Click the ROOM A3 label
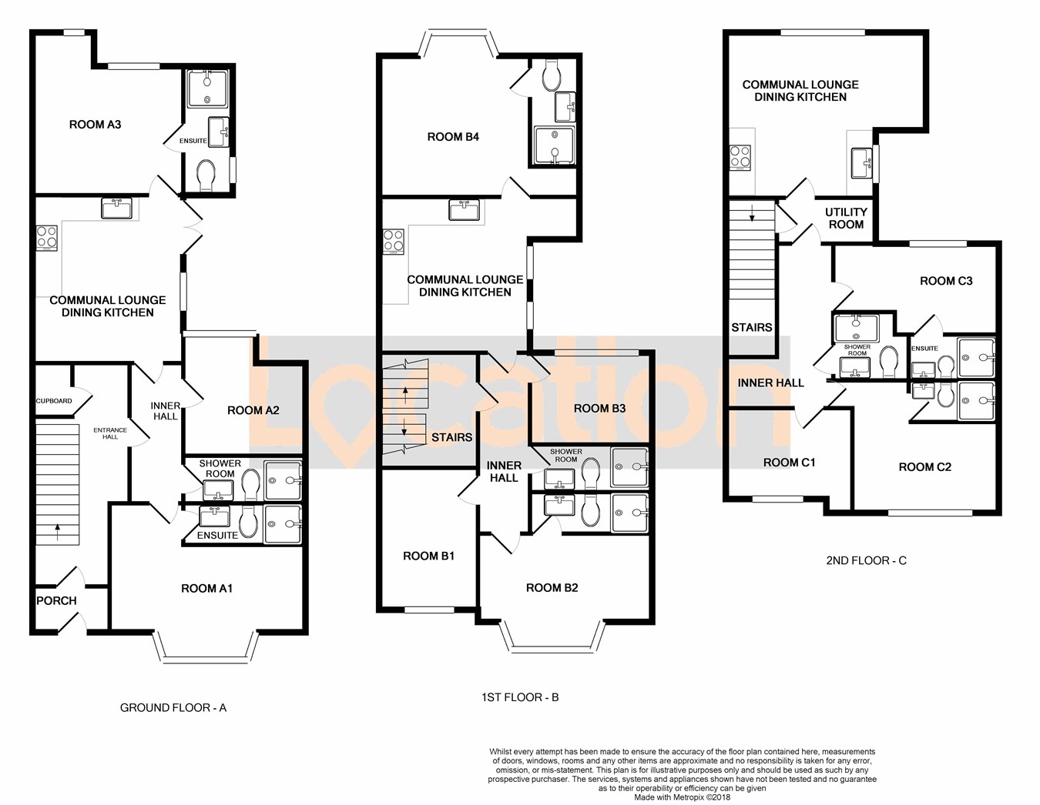pyautogui.click(x=95, y=125)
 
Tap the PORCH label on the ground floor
pyautogui.click(x=56, y=601)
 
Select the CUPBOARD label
pyautogui.click(x=54, y=401)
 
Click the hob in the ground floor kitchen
pyautogui.click(x=48, y=238)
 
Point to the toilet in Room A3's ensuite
pyautogui.click(x=206, y=175)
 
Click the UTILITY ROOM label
pyautogui.click(x=846, y=218)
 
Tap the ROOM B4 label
pyautogui.click(x=453, y=137)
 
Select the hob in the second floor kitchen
pyautogui.click(x=740, y=158)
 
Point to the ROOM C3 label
pyautogui.click(x=946, y=281)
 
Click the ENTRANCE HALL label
pyautogui.click(x=110, y=433)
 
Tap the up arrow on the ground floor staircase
pyautogui.click(x=58, y=533)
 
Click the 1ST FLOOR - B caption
pyautogui.click(x=520, y=697)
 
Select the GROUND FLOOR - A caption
pyautogui.click(x=173, y=708)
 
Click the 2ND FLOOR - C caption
pyautogui.click(x=866, y=560)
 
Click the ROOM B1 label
pyautogui.click(x=428, y=556)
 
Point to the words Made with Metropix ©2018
pyautogui.click(x=682, y=797)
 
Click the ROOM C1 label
pyautogui.click(x=789, y=463)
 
